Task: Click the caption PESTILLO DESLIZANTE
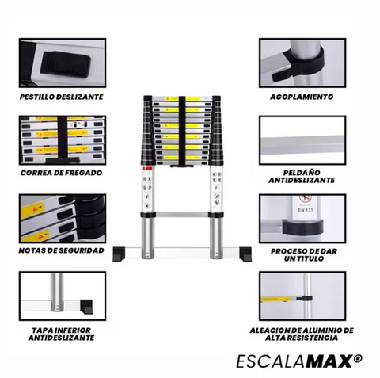[x=62, y=97]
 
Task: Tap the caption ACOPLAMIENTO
[x=302, y=97]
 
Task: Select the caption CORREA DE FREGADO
[x=61, y=173]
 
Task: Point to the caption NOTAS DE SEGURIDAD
[x=61, y=250]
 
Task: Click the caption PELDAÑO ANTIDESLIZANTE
[x=302, y=177]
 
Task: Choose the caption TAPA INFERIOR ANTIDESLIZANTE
[x=61, y=334]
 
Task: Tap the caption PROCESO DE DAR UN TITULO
[x=304, y=254]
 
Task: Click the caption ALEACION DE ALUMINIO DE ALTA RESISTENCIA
[x=302, y=334]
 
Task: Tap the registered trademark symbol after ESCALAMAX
[x=359, y=358]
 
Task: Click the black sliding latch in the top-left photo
[x=65, y=65]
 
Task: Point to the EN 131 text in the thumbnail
[x=306, y=210]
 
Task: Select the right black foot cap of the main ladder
[x=245, y=254]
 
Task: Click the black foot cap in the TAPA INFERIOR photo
[x=86, y=307]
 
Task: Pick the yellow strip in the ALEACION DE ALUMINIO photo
[x=275, y=299]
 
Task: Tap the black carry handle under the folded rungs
[x=183, y=166]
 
